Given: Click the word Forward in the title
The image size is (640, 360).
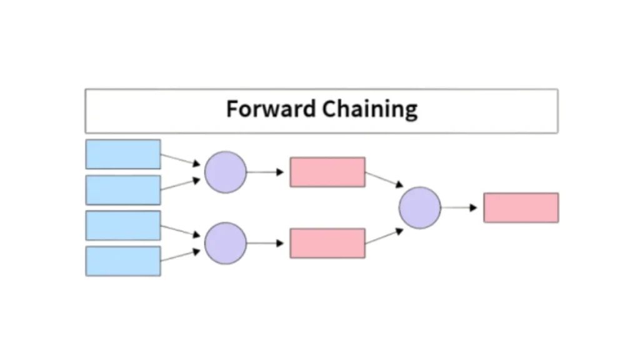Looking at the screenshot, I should click(x=271, y=109).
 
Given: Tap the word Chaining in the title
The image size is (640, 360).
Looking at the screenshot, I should click(x=370, y=110).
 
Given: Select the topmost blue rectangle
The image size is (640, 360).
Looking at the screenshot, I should click(x=123, y=154).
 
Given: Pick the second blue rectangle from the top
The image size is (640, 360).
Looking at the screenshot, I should click(x=123, y=190).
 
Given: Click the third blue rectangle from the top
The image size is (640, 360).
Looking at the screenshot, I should click(x=123, y=226).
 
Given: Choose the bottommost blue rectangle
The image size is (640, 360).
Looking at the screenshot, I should click(x=123, y=261).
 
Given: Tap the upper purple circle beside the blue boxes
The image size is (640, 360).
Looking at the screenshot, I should click(x=226, y=172).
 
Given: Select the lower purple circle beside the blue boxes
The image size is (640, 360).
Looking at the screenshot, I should click(x=226, y=243).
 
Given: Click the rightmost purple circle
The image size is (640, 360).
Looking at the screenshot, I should click(x=420, y=207).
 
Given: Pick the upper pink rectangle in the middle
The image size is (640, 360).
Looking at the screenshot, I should click(x=327, y=172).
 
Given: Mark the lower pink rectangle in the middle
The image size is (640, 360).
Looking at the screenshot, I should click(x=327, y=243).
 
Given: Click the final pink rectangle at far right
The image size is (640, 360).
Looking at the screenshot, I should click(x=521, y=207).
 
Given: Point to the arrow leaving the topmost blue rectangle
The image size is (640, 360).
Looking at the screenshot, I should click(x=181, y=160).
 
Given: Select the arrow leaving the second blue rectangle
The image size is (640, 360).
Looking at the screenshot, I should click(x=181, y=184).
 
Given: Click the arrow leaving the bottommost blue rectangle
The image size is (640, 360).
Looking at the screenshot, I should click(x=181, y=256).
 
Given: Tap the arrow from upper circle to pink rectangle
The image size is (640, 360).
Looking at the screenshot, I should click(x=266, y=172).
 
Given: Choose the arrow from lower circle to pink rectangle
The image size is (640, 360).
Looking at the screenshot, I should click(x=266, y=243).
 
